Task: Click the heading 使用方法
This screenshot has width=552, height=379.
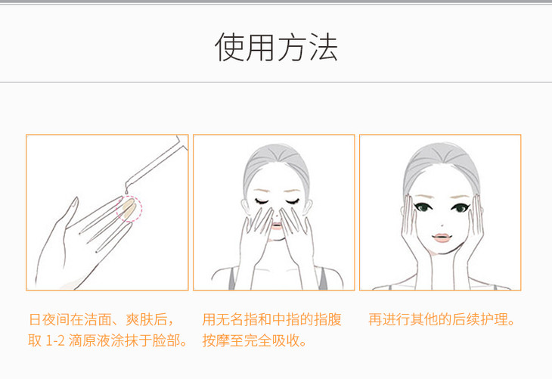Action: tap(276, 47)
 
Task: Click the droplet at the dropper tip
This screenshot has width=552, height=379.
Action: tap(126, 191)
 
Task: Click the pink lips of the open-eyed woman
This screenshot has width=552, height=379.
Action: tap(442, 238)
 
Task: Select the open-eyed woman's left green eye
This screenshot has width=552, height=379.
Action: tap(423, 207)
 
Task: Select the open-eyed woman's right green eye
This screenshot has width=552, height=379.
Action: tap(461, 208)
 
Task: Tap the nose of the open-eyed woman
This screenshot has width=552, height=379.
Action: tap(442, 225)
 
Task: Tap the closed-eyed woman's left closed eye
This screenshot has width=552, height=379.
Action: tap(262, 202)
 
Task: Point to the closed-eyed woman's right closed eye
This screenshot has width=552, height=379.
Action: tap(292, 202)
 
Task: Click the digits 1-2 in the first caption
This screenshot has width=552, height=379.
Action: tap(55, 340)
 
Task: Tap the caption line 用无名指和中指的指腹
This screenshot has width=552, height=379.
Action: tap(271, 319)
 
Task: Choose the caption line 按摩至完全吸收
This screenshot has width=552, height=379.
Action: tap(254, 340)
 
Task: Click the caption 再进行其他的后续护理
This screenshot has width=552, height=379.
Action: tap(442, 319)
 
